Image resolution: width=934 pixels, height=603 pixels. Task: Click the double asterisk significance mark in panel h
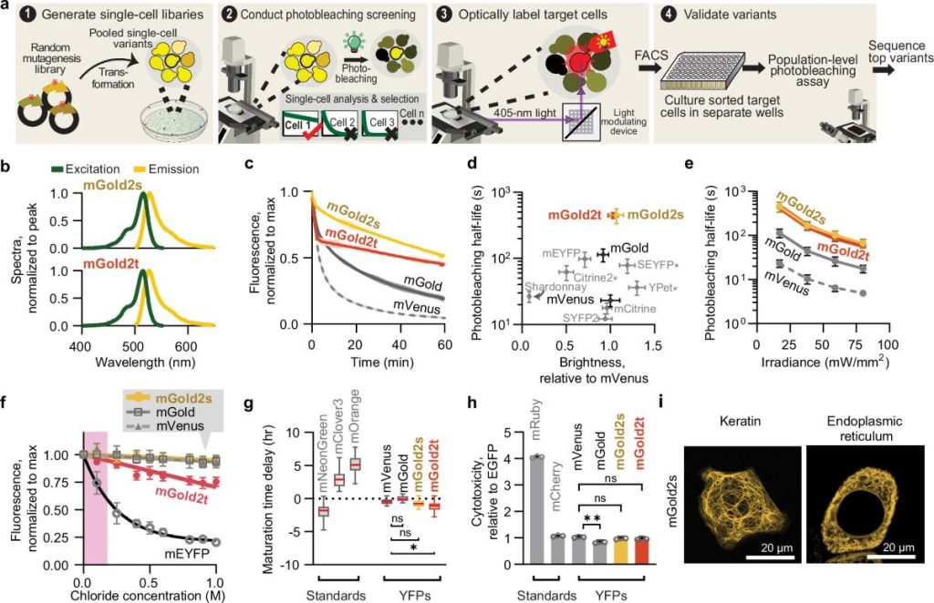pyautogui.click(x=592, y=526)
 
